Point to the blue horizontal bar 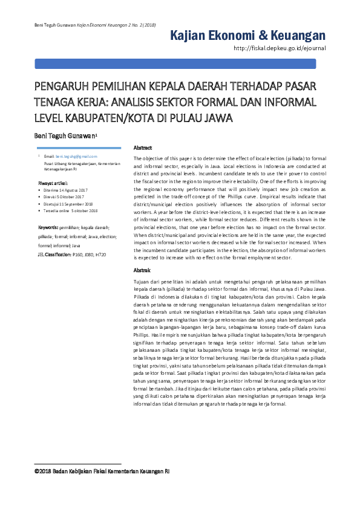point(180,63)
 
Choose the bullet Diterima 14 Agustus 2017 point(65,190)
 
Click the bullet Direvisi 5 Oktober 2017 point(64,196)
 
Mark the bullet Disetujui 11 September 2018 point(68,204)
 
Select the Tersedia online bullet point(67,211)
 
